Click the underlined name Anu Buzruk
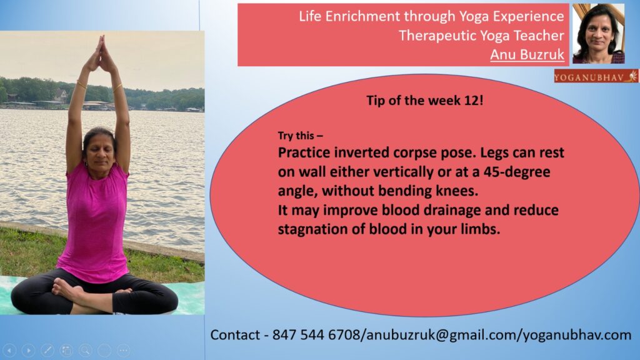click(527, 54)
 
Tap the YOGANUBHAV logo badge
click(596, 76)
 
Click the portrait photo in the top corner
click(598, 34)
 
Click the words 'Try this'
click(296, 136)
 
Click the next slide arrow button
click(28, 350)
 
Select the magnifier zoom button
click(85, 350)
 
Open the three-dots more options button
click(123, 350)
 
